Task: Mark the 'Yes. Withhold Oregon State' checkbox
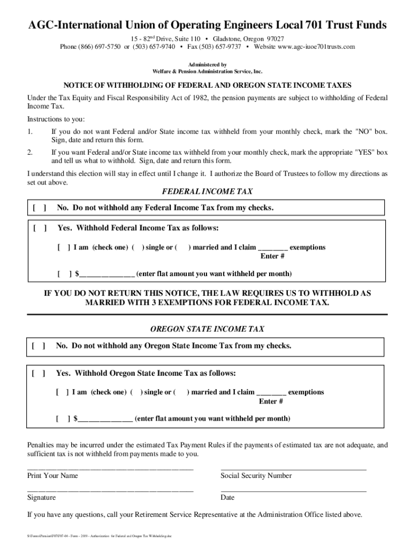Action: click(x=38, y=373)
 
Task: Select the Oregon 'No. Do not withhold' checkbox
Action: click(x=38, y=346)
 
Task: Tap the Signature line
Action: click(x=110, y=490)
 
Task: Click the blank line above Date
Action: click(x=293, y=490)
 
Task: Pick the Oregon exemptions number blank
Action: click(x=271, y=393)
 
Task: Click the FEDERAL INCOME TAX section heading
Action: click(x=207, y=192)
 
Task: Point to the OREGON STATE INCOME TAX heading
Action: click(x=207, y=329)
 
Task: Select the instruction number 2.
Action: click(x=30, y=153)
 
